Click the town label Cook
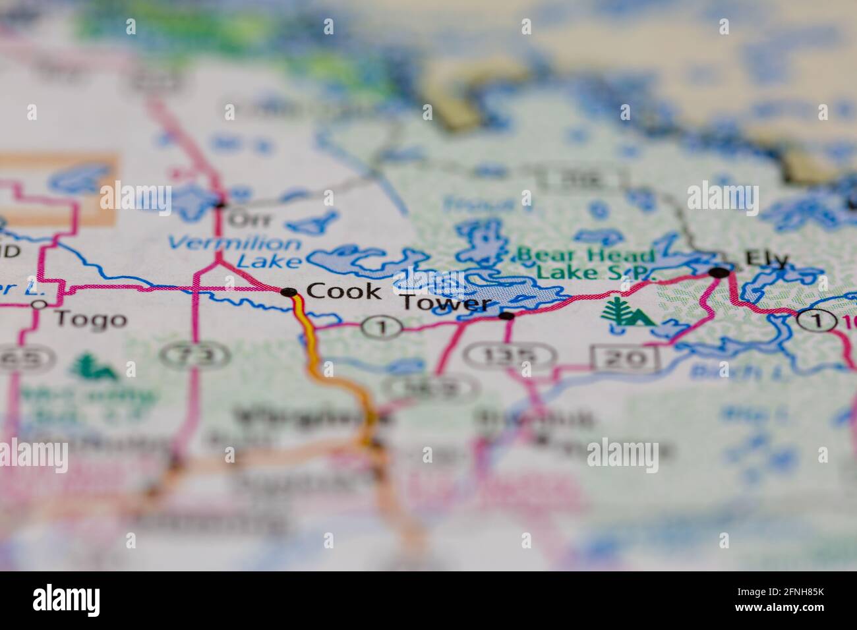click(x=343, y=291)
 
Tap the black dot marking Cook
click(x=287, y=292)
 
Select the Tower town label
click(x=447, y=304)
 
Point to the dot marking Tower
click(x=506, y=316)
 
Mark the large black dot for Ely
click(x=719, y=272)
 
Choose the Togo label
click(x=90, y=320)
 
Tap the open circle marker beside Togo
click(x=39, y=304)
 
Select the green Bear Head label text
click(x=586, y=255)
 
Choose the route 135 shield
click(x=508, y=357)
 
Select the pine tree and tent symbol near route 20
click(x=626, y=312)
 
